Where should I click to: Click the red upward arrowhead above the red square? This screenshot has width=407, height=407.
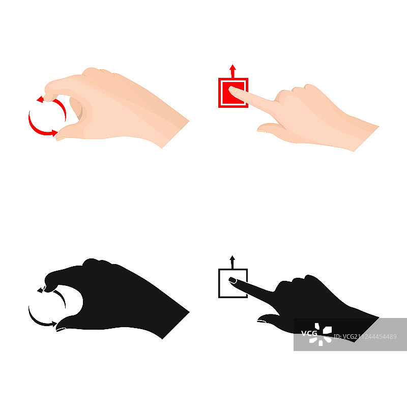click(x=232, y=67)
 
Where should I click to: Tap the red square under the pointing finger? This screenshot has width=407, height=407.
click(x=233, y=93)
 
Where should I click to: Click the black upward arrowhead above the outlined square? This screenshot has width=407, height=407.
click(x=232, y=258)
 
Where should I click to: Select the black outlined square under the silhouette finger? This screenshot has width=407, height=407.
click(x=233, y=283)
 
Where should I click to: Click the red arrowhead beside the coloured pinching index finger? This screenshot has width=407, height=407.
click(x=40, y=99)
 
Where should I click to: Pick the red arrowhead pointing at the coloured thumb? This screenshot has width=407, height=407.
click(x=54, y=133)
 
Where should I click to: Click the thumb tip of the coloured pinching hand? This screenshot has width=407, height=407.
click(x=59, y=137)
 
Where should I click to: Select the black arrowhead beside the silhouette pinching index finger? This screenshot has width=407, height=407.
click(x=40, y=290)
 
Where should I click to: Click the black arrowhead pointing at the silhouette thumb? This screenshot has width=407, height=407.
click(x=54, y=324)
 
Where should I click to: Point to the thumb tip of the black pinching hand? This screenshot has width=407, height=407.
click(x=59, y=329)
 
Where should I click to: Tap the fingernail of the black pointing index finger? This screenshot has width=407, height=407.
click(x=232, y=280)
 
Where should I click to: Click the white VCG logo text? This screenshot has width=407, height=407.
click(x=309, y=333)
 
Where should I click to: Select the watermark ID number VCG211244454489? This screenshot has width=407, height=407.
click(x=365, y=337)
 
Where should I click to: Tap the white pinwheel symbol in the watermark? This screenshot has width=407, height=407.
click(x=321, y=334)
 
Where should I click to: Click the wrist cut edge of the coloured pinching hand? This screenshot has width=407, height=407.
click(x=176, y=134)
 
